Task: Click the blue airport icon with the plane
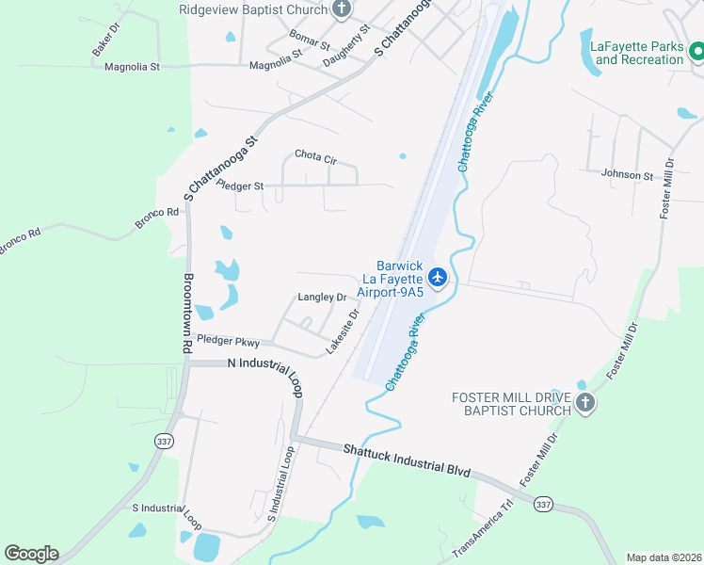coord(437,277)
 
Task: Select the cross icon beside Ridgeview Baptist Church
coord(342,10)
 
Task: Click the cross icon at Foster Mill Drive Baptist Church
coord(585,404)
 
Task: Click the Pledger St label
coord(240,186)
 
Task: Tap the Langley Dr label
coord(322,297)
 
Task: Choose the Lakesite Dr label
coord(343,331)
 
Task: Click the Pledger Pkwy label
coord(228,342)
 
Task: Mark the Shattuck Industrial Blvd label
coord(406,460)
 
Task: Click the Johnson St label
coord(627,175)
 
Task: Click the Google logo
coord(31,554)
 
